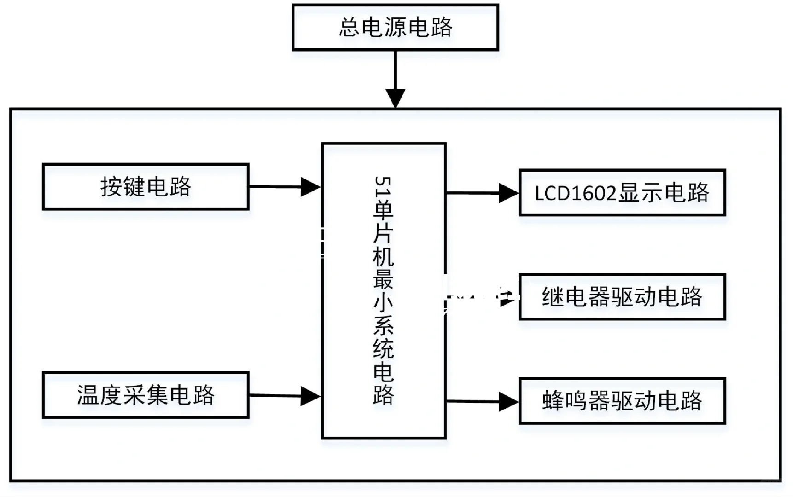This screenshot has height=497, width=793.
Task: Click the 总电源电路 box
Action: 395,27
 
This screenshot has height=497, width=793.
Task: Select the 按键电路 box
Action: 146,187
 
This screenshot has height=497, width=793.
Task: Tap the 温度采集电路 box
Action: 146,395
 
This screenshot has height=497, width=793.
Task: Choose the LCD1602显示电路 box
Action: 622,192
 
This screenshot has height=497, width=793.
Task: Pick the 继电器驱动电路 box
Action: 622,297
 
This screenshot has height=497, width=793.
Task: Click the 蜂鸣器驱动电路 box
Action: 622,401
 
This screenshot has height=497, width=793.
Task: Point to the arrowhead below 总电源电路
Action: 395,98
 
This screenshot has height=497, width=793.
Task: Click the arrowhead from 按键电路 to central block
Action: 310,187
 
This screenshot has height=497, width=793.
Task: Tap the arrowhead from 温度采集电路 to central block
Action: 310,396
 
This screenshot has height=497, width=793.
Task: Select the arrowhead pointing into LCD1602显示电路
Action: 508,193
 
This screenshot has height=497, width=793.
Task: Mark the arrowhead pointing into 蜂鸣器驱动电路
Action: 508,402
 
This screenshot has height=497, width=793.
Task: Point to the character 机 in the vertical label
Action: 383,257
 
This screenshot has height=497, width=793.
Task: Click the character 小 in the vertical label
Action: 383,302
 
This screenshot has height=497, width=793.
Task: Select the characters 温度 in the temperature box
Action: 99,395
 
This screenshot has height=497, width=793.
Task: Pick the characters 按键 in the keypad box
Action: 122,187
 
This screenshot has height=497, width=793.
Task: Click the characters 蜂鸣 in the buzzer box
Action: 565,401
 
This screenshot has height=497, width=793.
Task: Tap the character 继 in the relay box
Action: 553,297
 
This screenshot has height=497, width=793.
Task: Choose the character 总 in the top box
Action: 350,27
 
